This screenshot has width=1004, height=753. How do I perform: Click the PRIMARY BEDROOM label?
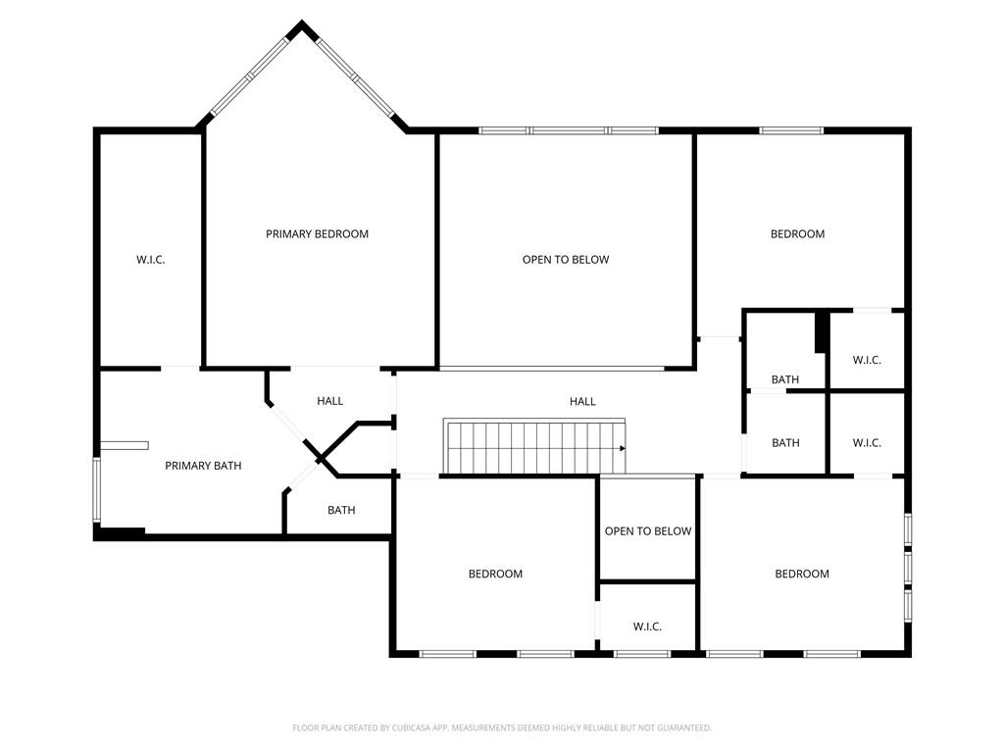(x=317, y=234)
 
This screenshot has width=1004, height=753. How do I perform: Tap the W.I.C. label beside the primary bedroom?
(x=150, y=260)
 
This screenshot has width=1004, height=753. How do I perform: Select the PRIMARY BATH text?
(x=202, y=466)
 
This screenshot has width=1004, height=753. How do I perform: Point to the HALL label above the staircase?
(x=582, y=402)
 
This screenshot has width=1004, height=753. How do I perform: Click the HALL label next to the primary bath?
(x=329, y=402)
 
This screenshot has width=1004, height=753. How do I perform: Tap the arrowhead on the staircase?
(x=622, y=448)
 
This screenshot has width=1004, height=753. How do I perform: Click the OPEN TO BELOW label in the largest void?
(x=565, y=260)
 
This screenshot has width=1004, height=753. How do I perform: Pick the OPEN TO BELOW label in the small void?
(x=647, y=531)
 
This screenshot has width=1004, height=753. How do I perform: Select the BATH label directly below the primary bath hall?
(x=341, y=511)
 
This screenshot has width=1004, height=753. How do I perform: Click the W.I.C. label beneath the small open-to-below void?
(x=647, y=627)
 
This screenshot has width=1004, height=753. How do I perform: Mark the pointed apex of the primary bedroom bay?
(x=302, y=25)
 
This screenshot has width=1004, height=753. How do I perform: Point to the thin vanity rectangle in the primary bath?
(x=124, y=445)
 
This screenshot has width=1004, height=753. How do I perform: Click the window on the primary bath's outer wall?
(x=96, y=488)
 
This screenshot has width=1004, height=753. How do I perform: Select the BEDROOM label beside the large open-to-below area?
(x=797, y=234)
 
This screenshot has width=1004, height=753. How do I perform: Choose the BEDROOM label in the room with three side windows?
(x=802, y=575)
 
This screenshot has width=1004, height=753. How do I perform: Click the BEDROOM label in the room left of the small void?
(x=495, y=575)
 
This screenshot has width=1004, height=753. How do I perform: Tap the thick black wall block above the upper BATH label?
(x=822, y=331)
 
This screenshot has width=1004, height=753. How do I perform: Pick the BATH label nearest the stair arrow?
(x=785, y=443)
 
